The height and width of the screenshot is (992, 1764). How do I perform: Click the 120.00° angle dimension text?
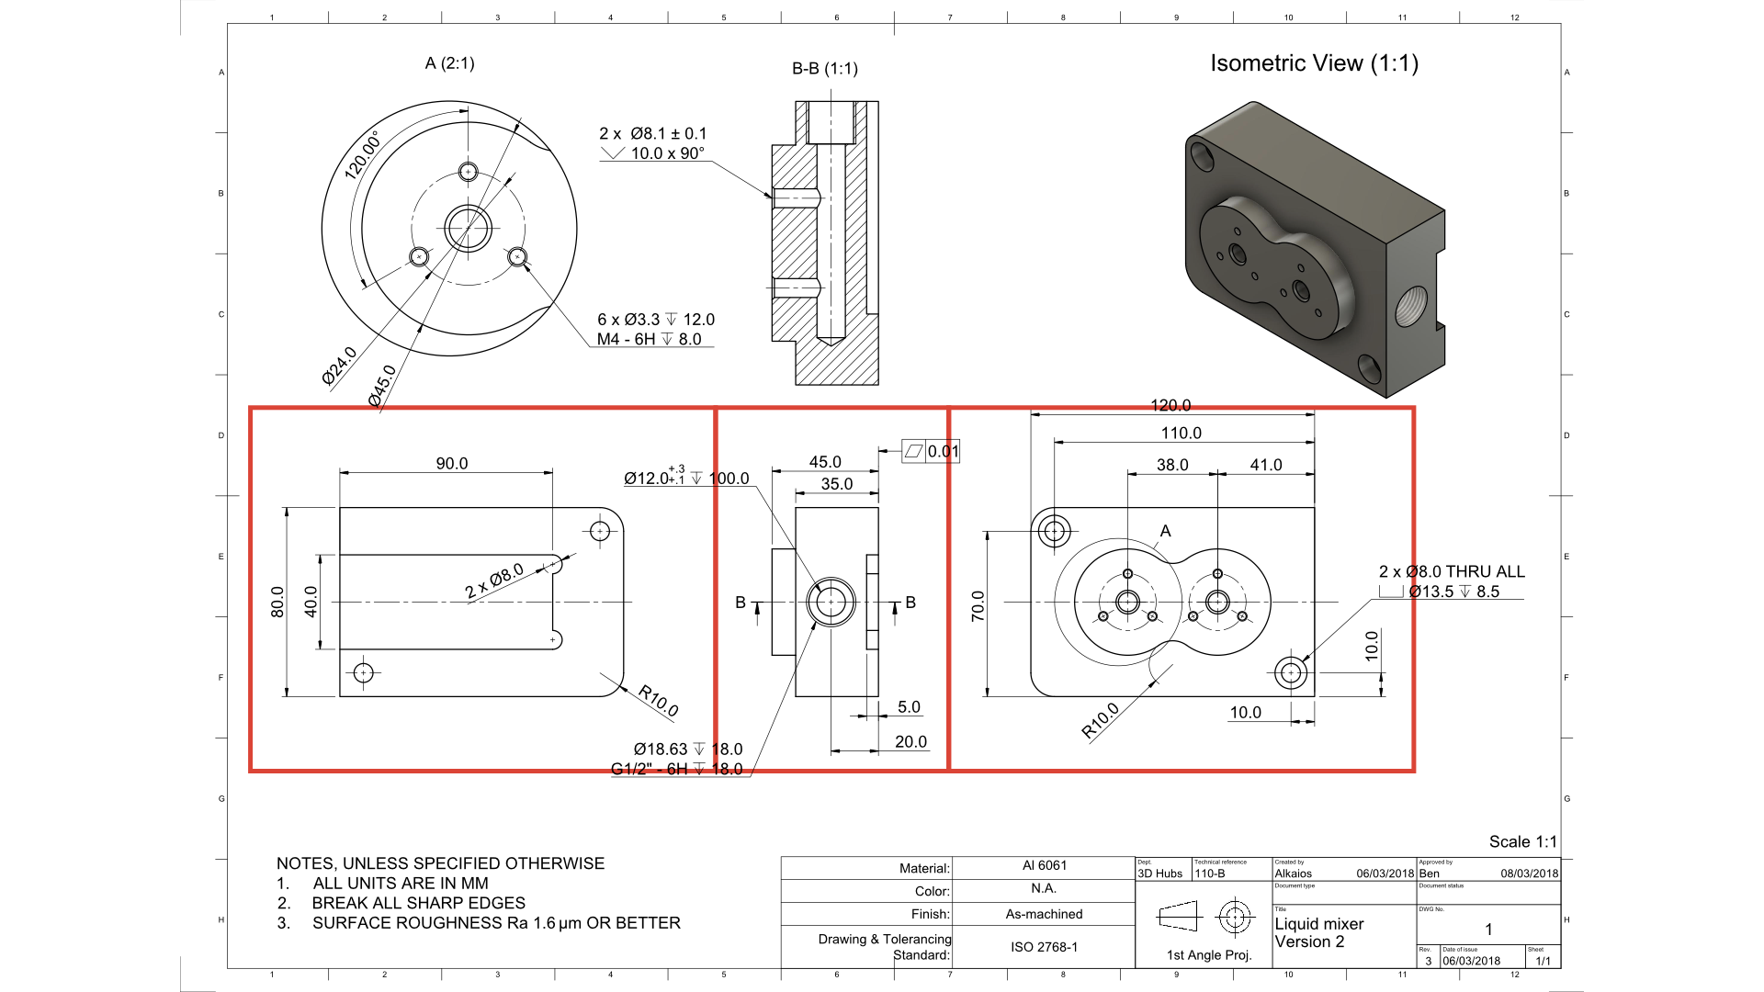coord(363,156)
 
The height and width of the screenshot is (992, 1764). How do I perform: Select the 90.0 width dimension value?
coord(451,464)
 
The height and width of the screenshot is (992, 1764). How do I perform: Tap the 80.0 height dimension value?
coord(277,602)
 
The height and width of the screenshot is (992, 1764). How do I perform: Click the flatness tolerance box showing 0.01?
coord(932,451)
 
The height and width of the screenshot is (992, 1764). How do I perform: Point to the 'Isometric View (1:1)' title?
coord(1314,63)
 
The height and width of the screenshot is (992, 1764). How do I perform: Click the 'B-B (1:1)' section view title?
coord(824,69)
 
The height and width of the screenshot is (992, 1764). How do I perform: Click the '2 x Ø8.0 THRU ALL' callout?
coord(1452,571)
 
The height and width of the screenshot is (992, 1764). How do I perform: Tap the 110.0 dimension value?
coord(1181,434)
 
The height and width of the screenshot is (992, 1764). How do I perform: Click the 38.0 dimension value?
coord(1171,466)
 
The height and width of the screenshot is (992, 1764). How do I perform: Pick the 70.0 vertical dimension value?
coord(978,606)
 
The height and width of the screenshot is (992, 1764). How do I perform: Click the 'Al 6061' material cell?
coord(1044,866)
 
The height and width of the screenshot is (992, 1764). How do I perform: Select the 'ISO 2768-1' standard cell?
coord(1044,947)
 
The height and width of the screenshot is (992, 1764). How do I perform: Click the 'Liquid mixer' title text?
coord(1318,924)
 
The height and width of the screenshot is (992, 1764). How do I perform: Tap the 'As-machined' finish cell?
coord(1044,915)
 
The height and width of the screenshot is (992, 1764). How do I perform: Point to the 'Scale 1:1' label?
coord(1522,842)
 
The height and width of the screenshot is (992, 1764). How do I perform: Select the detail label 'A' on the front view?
coord(1165,531)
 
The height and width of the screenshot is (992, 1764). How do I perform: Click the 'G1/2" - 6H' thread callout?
coord(651,770)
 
